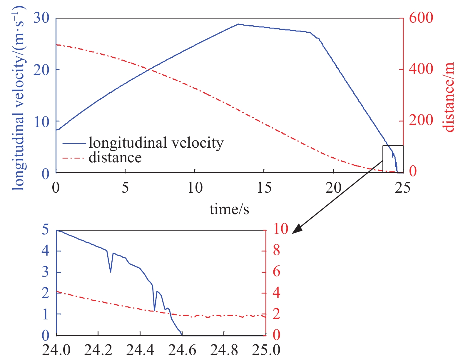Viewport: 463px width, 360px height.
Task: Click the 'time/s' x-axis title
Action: tap(229, 209)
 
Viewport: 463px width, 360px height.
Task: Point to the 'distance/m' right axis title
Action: tap(449, 97)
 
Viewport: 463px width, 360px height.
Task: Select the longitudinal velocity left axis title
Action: tap(19, 97)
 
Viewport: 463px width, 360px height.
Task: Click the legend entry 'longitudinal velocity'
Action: tap(156, 143)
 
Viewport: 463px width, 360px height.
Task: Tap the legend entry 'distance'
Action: tap(115, 158)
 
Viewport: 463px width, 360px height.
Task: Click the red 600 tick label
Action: tap(421, 18)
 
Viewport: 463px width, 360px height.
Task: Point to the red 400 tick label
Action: tap(421, 70)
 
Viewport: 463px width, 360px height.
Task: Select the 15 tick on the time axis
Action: tap(264, 187)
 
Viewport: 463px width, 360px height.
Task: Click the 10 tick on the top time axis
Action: tap(195, 187)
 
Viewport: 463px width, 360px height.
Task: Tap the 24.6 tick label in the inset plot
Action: tap(182, 350)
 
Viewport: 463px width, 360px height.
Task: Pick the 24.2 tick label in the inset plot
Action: tap(98, 350)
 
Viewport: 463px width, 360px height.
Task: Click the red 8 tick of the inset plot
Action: tap(277, 251)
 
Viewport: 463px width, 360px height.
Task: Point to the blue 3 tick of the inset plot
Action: tap(45, 272)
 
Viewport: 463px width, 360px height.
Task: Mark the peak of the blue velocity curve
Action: tap(238, 24)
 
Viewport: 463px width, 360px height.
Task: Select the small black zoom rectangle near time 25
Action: tap(393, 159)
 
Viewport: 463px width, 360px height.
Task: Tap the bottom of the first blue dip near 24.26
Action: tap(111, 272)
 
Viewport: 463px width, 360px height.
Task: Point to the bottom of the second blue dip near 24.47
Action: tap(154, 310)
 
